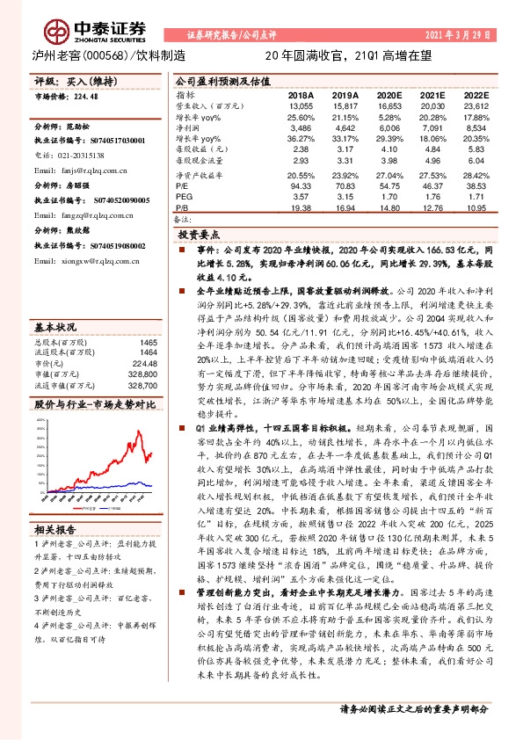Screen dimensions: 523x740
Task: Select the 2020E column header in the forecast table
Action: [388, 94]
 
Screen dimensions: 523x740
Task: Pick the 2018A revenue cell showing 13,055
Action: [301, 105]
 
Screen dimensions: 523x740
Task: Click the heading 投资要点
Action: [198, 236]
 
